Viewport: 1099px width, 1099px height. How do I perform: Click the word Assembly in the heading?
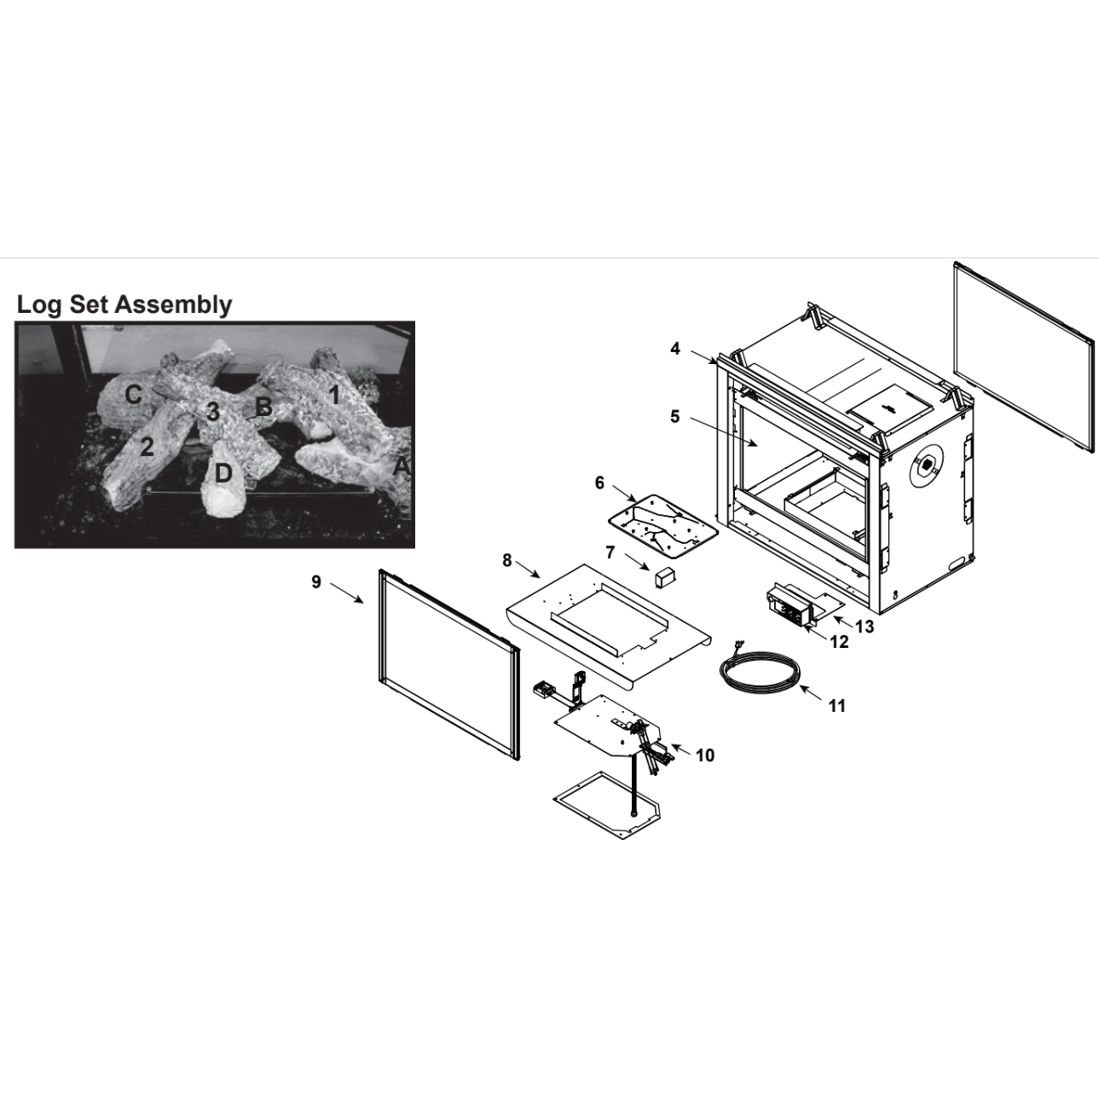(x=173, y=305)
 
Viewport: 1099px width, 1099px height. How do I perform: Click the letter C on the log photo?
(x=133, y=394)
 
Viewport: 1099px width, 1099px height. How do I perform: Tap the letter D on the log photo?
(x=223, y=473)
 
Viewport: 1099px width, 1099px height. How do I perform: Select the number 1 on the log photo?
(x=335, y=395)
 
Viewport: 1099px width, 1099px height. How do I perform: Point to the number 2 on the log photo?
(x=147, y=447)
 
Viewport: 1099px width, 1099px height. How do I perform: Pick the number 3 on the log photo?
(x=213, y=411)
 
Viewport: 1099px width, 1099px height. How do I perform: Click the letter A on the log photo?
(x=402, y=466)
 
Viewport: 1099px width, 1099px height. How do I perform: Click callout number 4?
(x=675, y=349)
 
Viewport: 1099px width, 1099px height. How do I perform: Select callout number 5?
(x=675, y=417)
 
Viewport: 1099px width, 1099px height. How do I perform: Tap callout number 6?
(x=599, y=483)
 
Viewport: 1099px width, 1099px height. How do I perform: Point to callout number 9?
(x=316, y=581)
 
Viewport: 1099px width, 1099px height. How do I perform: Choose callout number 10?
(x=705, y=755)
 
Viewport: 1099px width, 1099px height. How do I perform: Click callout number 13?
(x=865, y=627)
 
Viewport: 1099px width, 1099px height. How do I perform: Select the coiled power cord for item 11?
(x=760, y=673)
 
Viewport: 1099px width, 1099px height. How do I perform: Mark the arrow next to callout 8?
(x=528, y=569)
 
